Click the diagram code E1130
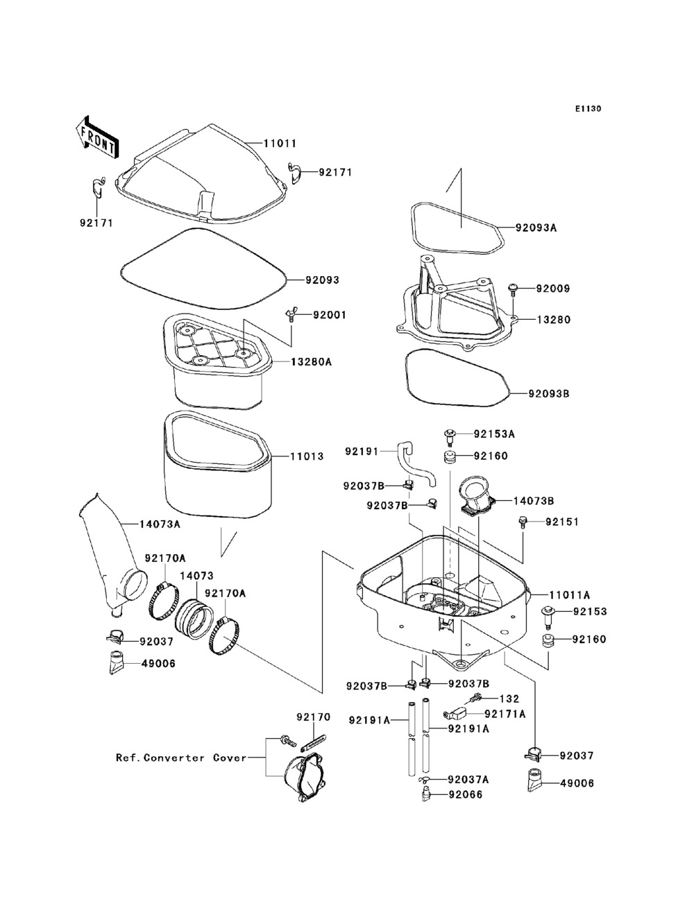[587, 109]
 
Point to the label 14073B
[534, 500]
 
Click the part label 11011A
[570, 594]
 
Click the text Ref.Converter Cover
[181, 757]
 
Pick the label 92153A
[494, 434]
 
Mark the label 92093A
[536, 228]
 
